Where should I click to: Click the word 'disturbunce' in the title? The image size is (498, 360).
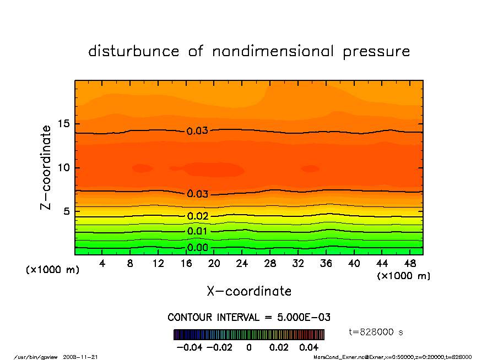click(134, 51)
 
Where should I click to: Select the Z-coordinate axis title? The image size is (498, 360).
click(46, 167)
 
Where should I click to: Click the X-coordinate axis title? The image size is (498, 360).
click(249, 291)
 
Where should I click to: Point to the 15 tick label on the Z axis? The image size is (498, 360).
click(64, 124)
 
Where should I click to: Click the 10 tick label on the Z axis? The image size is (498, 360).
click(64, 167)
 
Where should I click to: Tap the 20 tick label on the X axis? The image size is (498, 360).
click(214, 264)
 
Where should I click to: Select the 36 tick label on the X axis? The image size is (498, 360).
click(326, 264)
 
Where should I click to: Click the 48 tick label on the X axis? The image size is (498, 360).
click(410, 264)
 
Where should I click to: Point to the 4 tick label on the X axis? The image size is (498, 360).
click(102, 264)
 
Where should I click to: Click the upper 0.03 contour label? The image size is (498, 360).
click(197, 131)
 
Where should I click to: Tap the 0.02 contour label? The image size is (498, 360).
click(197, 216)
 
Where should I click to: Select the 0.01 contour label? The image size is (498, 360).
click(197, 231)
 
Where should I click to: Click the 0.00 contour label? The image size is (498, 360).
click(197, 248)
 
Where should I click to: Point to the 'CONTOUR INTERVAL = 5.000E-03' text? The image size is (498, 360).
click(249, 318)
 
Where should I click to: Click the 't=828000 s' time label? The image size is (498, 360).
click(376, 331)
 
